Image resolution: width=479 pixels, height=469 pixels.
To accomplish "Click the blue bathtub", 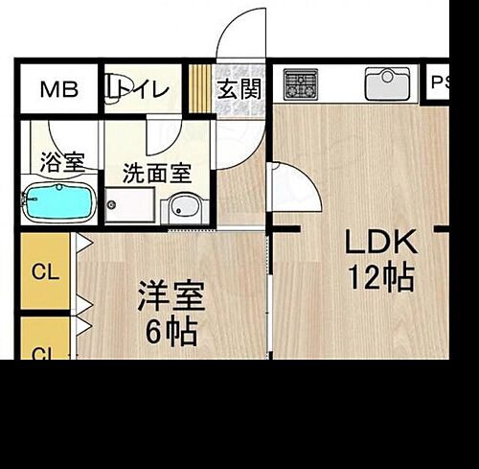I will tap(57, 203).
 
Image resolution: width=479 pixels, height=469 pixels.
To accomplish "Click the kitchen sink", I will tap(387, 84).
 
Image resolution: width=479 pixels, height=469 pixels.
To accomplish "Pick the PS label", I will tap(441, 82).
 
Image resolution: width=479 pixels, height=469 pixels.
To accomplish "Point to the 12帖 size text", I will tap(380, 277).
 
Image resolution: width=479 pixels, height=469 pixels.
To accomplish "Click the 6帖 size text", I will tap(171, 333).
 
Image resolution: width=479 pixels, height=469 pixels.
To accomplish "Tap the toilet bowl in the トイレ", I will tap(115, 88).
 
